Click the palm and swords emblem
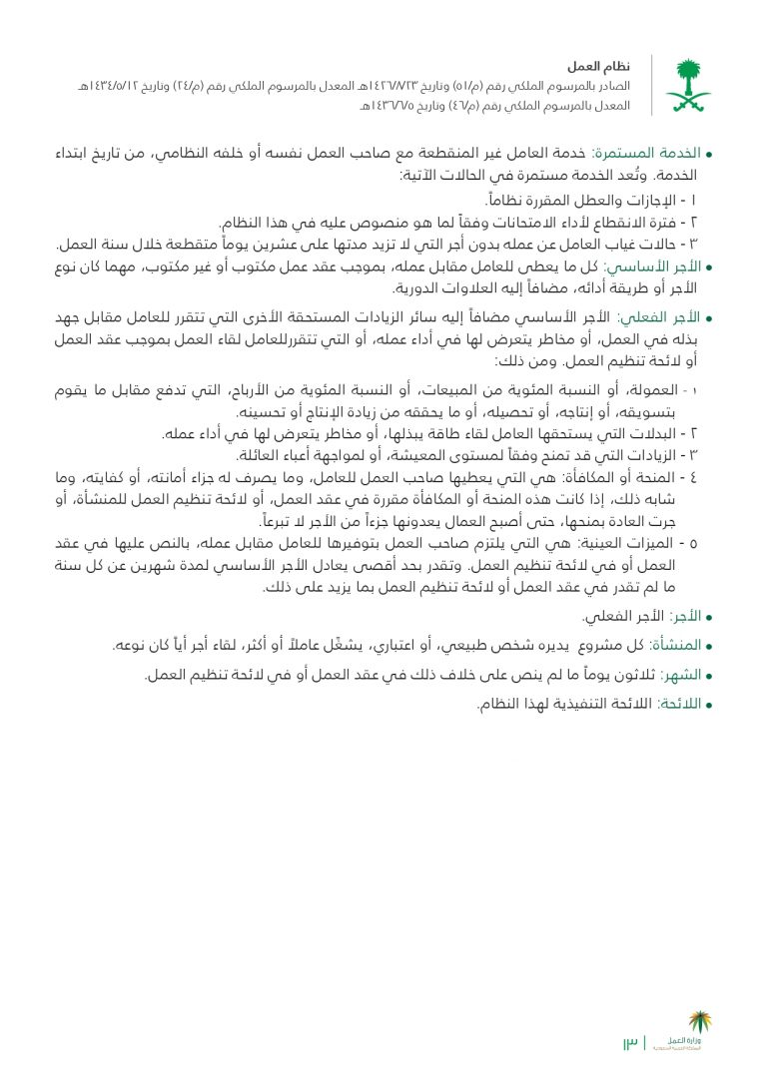(x=689, y=84)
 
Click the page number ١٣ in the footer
(x=630, y=1044)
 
